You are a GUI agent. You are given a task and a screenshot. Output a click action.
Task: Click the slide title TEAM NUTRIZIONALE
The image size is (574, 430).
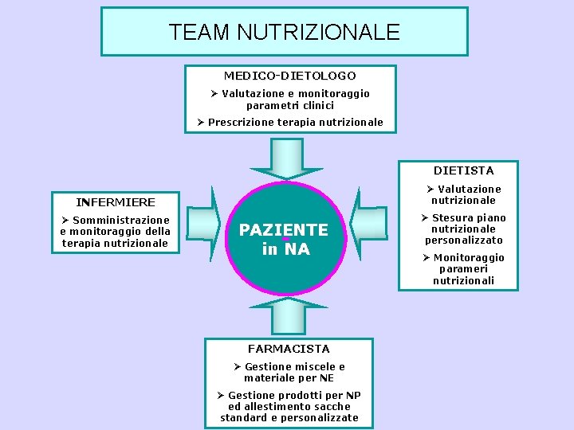click(284, 32)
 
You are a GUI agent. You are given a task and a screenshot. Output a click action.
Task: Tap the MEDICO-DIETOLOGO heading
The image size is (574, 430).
click(289, 76)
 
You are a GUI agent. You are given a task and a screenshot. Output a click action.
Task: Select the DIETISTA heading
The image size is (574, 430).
click(463, 170)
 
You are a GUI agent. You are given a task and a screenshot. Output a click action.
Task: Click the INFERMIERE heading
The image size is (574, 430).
click(116, 202)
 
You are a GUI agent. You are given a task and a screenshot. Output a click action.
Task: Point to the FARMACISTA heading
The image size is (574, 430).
click(289, 349)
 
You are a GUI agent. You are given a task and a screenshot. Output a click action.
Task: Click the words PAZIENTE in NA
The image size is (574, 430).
click(284, 240)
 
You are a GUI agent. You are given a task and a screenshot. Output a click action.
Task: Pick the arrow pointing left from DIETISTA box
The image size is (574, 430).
click(368, 224)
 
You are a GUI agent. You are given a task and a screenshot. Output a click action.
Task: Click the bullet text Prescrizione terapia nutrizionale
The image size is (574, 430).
click(291, 123)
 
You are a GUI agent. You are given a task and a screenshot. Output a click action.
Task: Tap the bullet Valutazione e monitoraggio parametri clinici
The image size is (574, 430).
click(290, 100)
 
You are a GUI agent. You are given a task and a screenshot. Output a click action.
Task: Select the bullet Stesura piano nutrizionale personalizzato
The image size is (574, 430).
click(464, 229)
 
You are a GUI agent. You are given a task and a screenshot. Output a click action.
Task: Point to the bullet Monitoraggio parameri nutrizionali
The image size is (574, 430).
click(464, 269)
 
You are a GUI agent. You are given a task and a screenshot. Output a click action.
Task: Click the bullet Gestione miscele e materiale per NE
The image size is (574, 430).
click(289, 373)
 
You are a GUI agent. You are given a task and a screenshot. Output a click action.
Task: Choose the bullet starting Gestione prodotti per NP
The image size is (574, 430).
click(289, 406)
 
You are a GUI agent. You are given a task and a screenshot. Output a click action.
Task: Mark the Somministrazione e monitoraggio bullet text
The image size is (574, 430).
click(116, 231)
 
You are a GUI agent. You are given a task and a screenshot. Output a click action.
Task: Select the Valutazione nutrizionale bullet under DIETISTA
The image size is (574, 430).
click(464, 194)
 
